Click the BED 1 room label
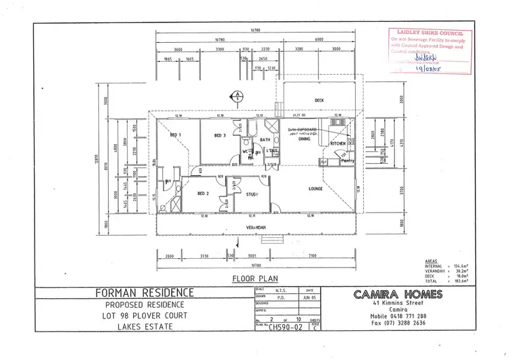175,136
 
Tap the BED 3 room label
219,136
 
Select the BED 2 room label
202,194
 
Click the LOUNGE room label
314,188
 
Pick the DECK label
320,101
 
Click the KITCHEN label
338,144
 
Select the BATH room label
265,140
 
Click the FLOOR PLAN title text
252,278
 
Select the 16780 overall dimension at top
255,30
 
